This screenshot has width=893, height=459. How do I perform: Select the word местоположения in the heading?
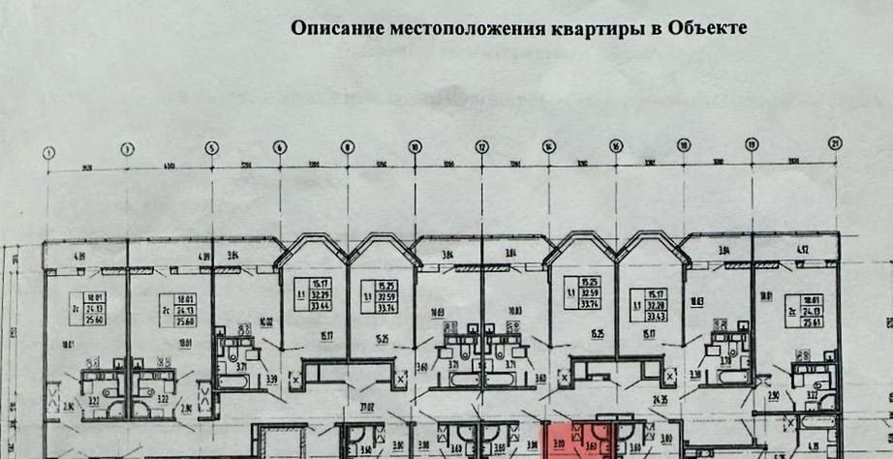451,29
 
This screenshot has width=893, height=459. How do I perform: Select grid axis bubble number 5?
212,149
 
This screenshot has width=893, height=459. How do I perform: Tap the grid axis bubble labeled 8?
347,148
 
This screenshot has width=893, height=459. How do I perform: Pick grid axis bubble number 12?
481,147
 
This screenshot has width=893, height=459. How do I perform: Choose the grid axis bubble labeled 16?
616,146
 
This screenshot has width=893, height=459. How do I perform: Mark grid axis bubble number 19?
751,145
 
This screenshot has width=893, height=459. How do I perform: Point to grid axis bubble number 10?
415,147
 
